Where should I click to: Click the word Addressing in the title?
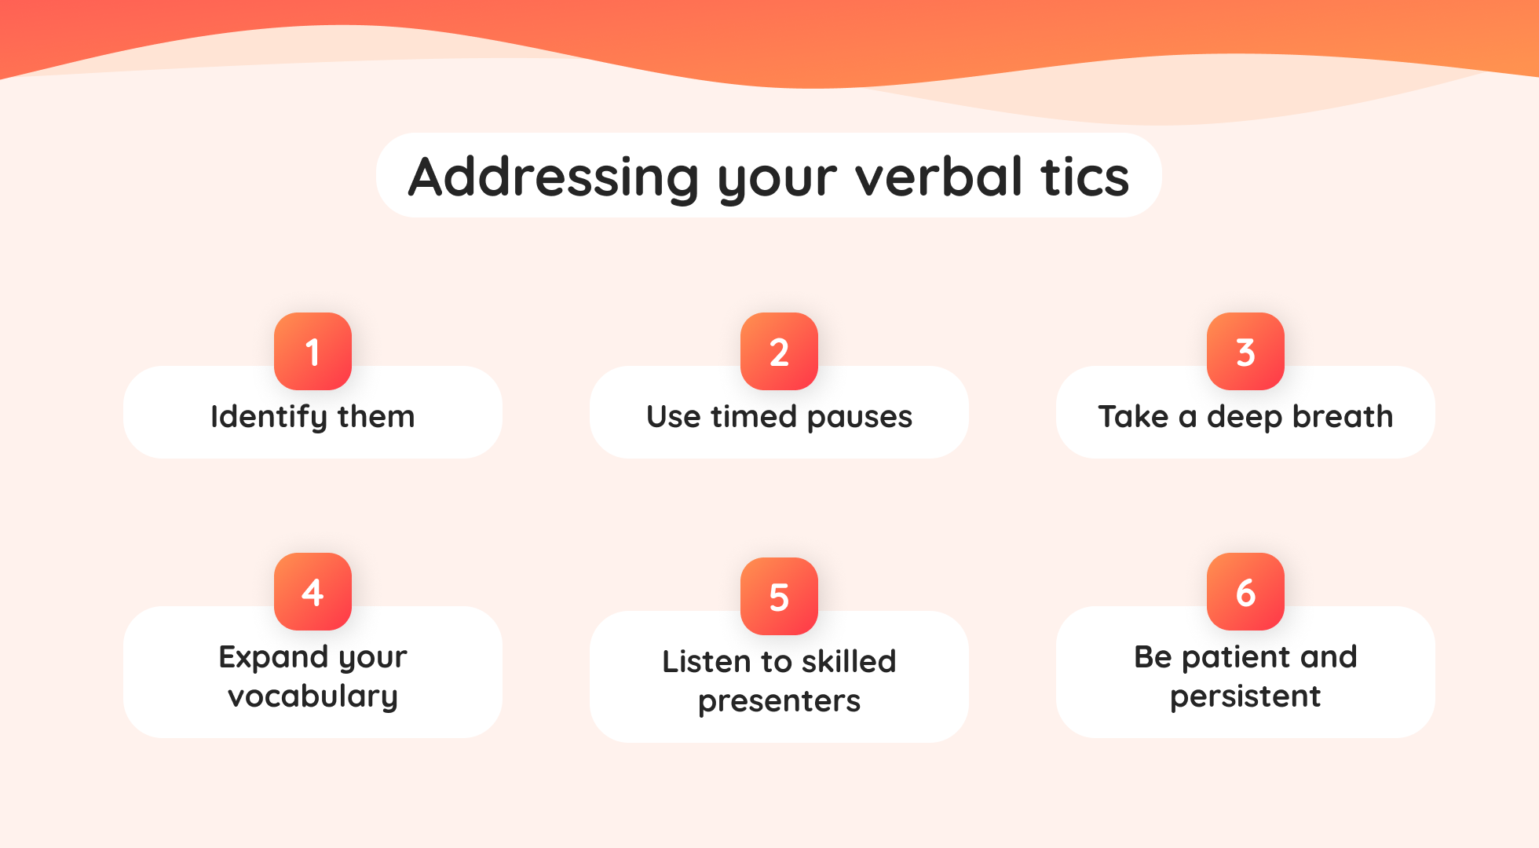click(554, 177)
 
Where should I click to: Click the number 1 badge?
click(313, 351)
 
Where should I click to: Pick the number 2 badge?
click(779, 351)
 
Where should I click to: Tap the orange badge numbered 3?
click(1245, 351)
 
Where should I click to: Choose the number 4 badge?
click(313, 591)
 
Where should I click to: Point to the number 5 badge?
click(779, 596)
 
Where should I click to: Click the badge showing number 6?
click(1245, 591)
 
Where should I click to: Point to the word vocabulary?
click(313, 696)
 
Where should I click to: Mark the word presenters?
click(779, 701)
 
